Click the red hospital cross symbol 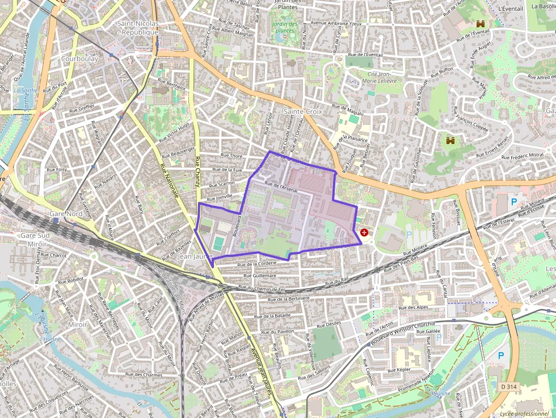click(364, 233)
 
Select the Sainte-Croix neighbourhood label click(303, 112)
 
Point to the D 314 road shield click(509, 386)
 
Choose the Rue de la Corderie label click(256, 264)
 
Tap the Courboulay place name click(79, 58)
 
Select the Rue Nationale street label click(170, 181)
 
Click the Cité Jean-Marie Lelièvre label click(379, 78)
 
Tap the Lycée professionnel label click(524, 414)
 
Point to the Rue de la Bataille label click(272, 315)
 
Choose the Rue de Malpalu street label click(347, 109)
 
